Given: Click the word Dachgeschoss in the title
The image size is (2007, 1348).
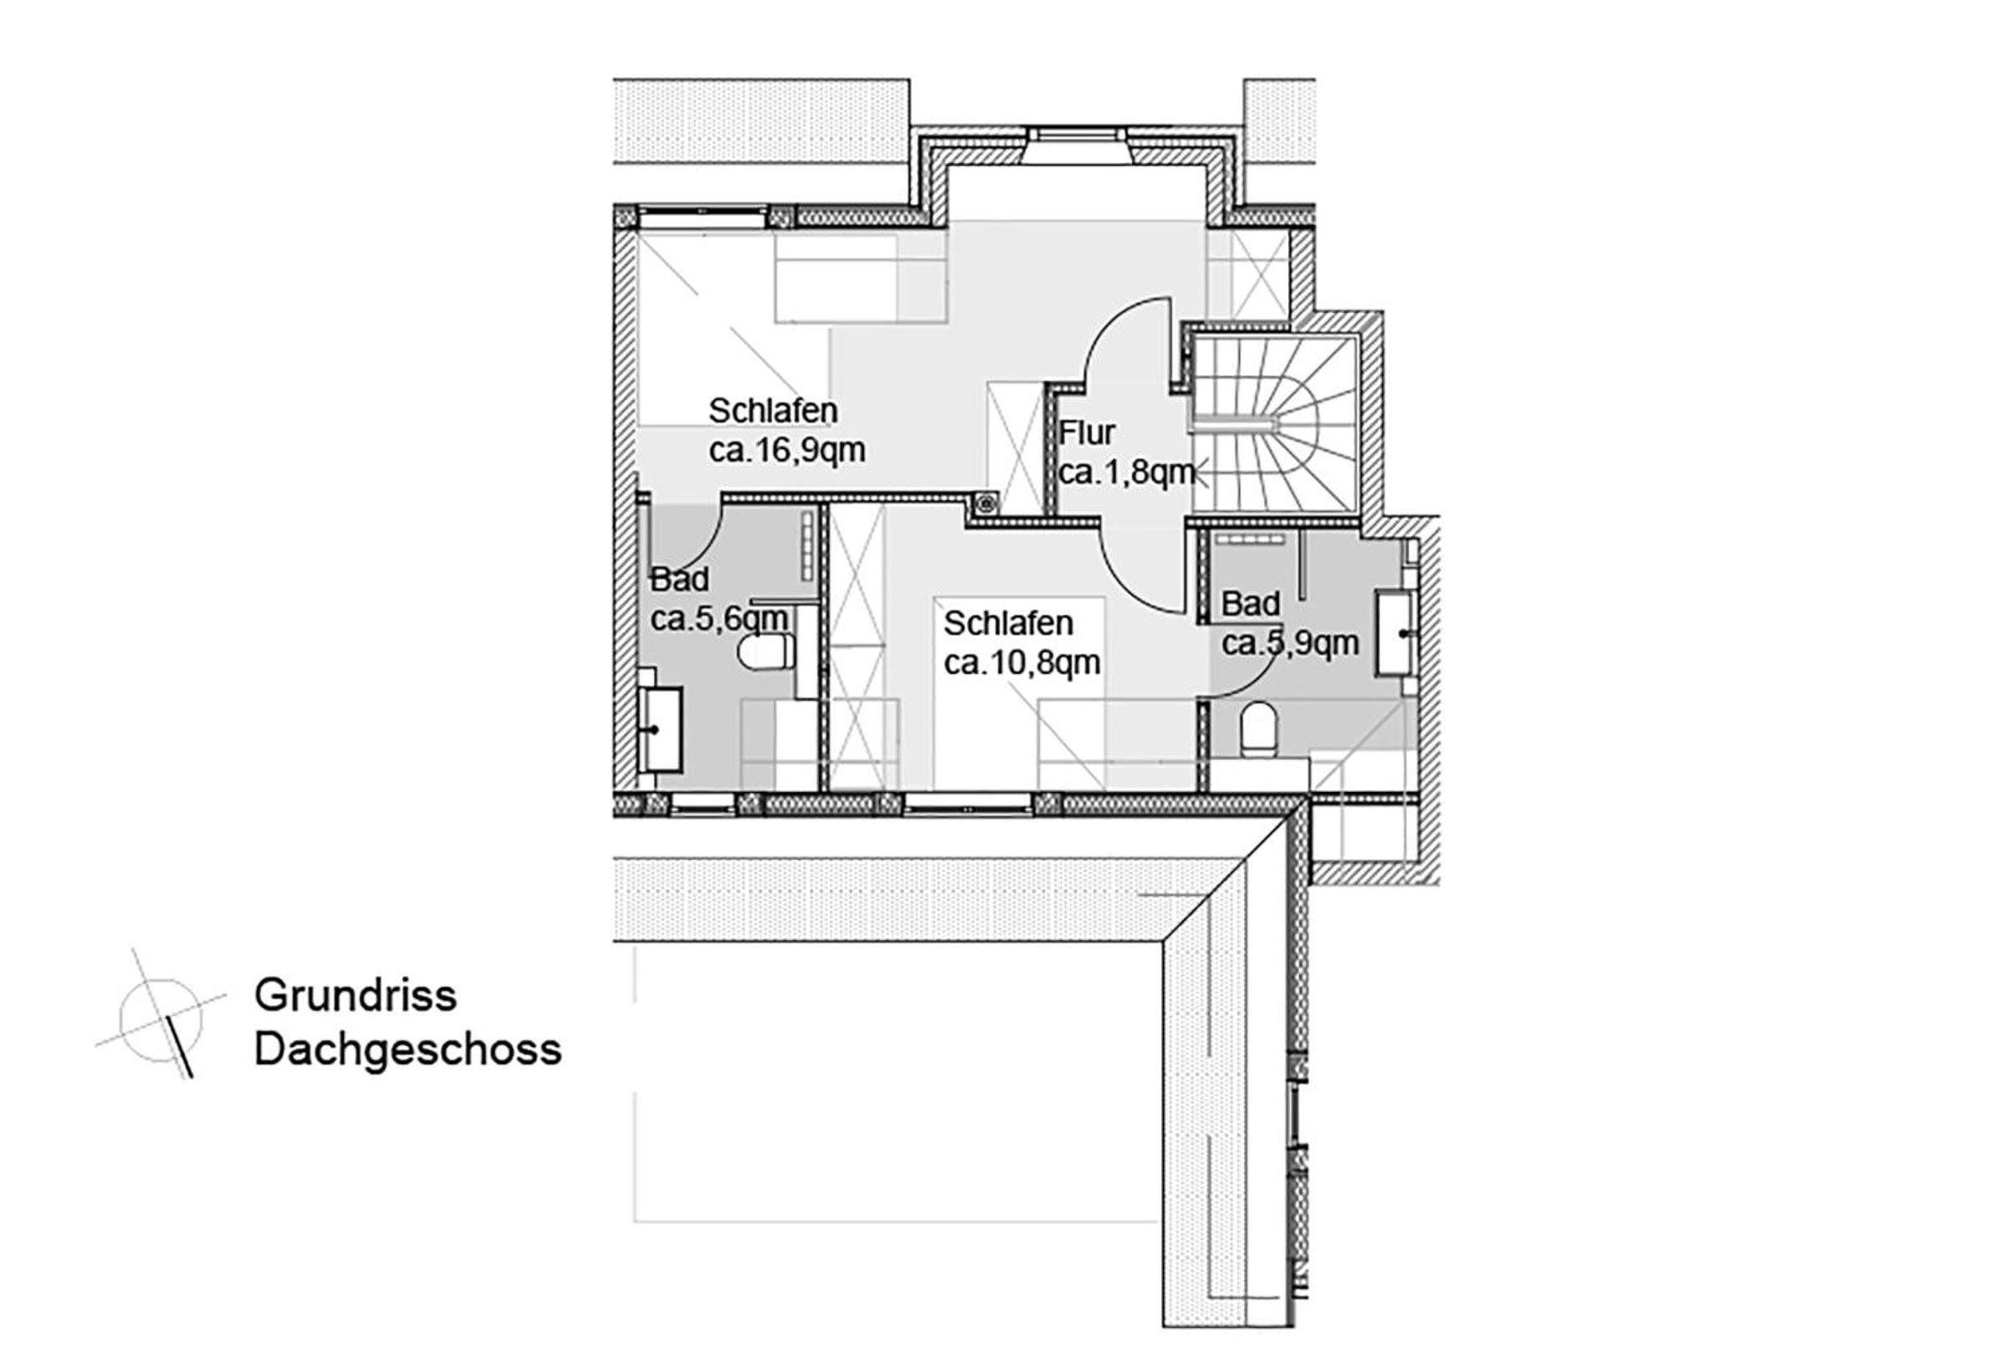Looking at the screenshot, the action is pyautogui.click(x=407, y=1050).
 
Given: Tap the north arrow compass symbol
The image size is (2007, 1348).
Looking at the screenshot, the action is pyautogui.click(x=161, y=1014).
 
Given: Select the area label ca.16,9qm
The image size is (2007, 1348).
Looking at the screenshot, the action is pyautogui.click(x=786, y=451).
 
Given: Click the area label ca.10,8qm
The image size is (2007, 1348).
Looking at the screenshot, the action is pyautogui.click(x=1021, y=663).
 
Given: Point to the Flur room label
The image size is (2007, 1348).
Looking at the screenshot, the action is pyautogui.click(x=1087, y=431).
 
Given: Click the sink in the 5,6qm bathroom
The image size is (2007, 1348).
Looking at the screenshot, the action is pyautogui.click(x=663, y=729).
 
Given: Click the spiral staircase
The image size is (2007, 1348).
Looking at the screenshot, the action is pyautogui.click(x=1275, y=425).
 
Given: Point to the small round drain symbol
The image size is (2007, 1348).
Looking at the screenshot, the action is pyautogui.click(x=985, y=504).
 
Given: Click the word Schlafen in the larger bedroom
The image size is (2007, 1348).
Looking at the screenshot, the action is pyautogui.click(x=773, y=411).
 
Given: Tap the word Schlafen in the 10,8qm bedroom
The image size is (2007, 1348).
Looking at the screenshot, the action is pyautogui.click(x=1009, y=623).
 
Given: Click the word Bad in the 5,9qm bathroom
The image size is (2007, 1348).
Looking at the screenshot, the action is pyautogui.click(x=1250, y=604).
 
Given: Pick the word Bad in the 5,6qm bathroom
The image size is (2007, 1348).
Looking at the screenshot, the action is pyautogui.click(x=679, y=580).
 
